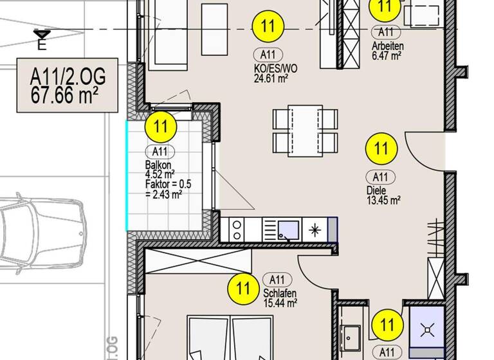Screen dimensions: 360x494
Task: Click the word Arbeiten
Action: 387,46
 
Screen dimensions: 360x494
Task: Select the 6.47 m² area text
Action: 387,56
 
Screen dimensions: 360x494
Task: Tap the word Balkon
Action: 158,165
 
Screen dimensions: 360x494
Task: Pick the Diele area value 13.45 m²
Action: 384,200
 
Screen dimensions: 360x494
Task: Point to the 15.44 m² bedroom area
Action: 280,301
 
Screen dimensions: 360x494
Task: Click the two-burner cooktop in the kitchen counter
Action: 237,229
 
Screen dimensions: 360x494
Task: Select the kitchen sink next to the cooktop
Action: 288,229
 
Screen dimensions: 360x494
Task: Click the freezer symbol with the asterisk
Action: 316,229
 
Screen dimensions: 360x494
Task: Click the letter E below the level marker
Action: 42,46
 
